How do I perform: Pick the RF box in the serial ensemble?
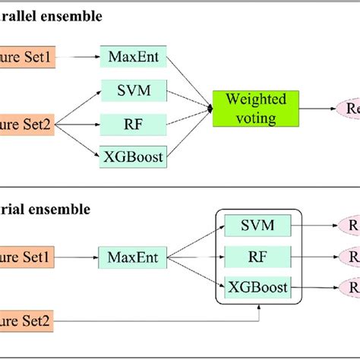(x=258, y=256)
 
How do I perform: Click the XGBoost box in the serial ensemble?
(x=258, y=287)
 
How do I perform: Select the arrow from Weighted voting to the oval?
(x=317, y=109)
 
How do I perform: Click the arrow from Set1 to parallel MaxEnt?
(x=75, y=56)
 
